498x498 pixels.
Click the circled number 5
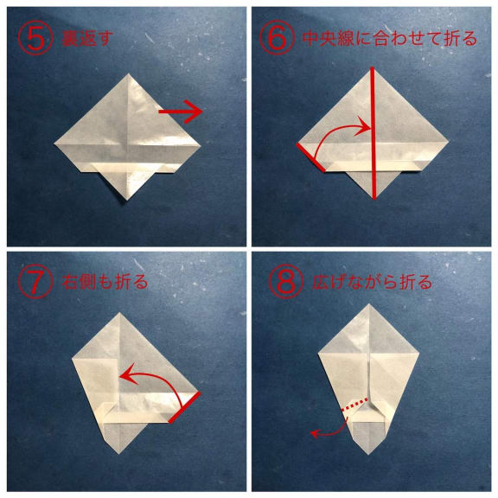point(35,39)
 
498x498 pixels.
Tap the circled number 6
point(278,37)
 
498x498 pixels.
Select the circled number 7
point(35,282)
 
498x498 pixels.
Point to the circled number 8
point(286,282)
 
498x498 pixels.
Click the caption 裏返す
point(87,39)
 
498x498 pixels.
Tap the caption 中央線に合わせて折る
point(390,38)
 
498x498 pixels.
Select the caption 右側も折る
point(105,282)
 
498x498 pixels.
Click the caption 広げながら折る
point(372,282)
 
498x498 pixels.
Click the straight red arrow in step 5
point(181,112)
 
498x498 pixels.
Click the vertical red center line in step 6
point(373,133)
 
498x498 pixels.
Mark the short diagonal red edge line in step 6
point(311,158)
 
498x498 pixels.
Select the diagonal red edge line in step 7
point(184,407)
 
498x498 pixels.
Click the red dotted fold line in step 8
point(355,404)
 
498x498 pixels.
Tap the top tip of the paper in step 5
point(128,74)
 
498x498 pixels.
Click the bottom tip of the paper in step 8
point(368,454)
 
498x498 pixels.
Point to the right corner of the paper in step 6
point(448,142)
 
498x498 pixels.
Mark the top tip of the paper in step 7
point(119,313)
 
